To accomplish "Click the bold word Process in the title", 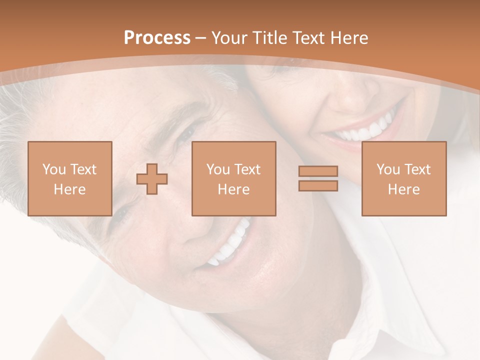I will click(157, 38).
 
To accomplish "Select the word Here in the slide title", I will click(349, 38).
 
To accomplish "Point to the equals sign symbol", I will click(318, 178).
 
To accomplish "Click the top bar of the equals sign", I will click(318, 171).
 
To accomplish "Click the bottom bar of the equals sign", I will click(318, 185).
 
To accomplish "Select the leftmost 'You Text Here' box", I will click(69, 178).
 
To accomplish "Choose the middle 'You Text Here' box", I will click(233, 178).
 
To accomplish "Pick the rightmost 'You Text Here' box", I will click(403, 178).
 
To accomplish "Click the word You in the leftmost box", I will click(54, 169).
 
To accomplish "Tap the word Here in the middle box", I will click(233, 189).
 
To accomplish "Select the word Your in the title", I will click(228, 38).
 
